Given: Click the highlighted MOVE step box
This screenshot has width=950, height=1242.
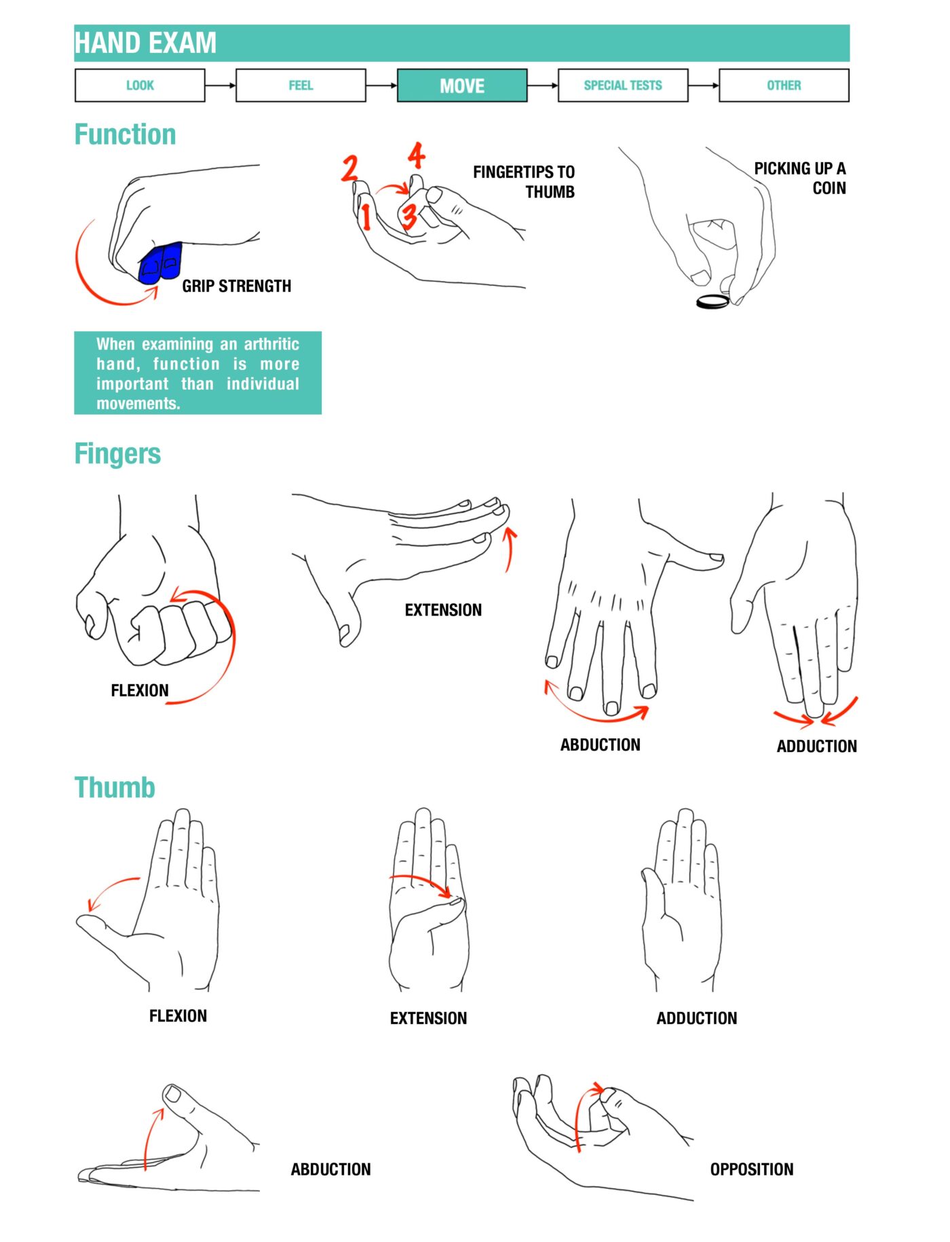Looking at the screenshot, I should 461,86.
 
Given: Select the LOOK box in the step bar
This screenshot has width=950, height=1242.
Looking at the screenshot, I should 140,86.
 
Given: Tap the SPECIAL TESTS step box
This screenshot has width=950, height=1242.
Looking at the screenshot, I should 622,86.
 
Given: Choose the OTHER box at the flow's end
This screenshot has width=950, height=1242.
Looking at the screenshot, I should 783,86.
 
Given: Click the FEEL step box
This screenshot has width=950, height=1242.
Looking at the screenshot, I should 301,86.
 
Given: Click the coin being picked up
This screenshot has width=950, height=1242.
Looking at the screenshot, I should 712,301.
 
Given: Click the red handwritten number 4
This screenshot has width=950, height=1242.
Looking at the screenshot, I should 416,155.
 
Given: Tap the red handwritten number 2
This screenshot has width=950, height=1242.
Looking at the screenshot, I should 349,168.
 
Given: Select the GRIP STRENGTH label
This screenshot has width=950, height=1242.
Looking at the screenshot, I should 236,286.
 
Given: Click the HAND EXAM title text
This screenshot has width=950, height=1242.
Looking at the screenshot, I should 145,43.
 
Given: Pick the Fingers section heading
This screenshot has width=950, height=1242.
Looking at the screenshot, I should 117,453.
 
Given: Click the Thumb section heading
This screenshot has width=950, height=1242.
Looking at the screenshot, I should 115,787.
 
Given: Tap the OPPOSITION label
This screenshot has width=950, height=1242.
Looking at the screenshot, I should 751,1169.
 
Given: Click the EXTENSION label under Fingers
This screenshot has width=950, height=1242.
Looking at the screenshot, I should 443,610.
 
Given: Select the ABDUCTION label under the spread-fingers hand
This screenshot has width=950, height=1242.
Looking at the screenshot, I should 600,745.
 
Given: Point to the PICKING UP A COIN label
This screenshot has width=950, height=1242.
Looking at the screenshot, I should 801,178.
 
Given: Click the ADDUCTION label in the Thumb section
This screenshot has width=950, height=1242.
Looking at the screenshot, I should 696,1018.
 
